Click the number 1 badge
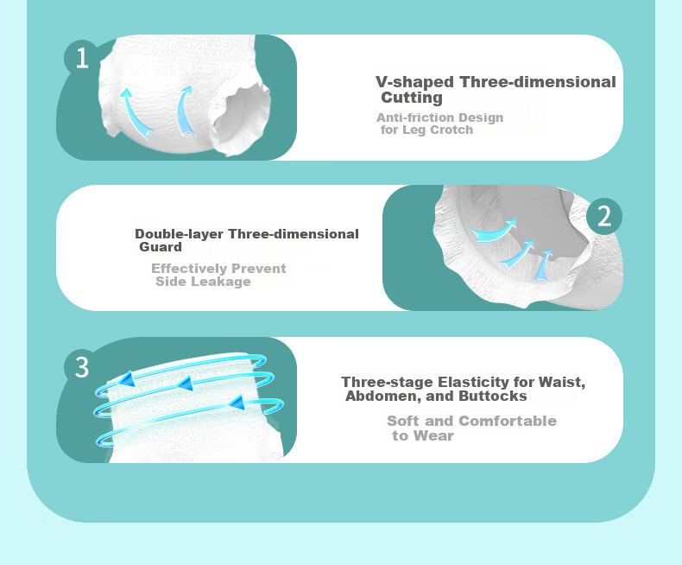click(81, 58)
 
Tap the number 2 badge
click(604, 216)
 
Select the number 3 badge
click(82, 367)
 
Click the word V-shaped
click(414, 82)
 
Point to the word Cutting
click(412, 98)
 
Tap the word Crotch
click(451, 130)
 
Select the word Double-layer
click(180, 234)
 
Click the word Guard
click(161, 247)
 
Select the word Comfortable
click(508, 421)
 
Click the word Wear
click(433, 435)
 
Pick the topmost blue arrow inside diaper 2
click(494, 231)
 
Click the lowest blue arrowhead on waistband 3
click(237, 403)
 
